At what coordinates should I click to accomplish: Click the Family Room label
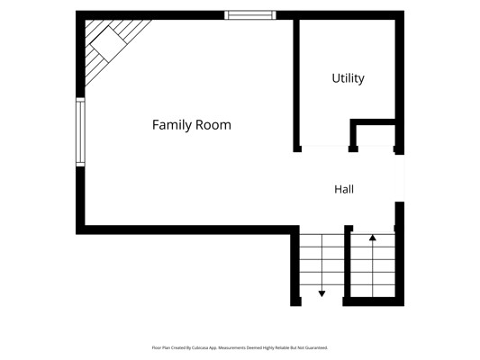pyautogui.click(x=192, y=125)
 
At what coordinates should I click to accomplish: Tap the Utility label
pyautogui.click(x=348, y=78)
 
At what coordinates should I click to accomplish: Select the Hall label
pyautogui.click(x=344, y=189)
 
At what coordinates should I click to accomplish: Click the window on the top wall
pyautogui.click(x=250, y=15)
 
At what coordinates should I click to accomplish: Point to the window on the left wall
pyautogui.click(x=80, y=132)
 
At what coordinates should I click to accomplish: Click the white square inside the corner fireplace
pyautogui.click(x=109, y=44)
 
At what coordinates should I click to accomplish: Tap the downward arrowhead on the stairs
pyautogui.click(x=322, y=293)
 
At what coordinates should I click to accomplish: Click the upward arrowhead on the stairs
pyautogui.click(x=373, y=238)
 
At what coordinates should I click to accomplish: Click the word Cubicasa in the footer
pyautogui.click(x=200, y=347)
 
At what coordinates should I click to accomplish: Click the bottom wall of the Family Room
pyautogui.click(x=187, y=229)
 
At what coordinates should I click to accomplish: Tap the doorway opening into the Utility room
pyautogui.click(x=325, y=148)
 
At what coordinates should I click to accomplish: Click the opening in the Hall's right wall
pyautogui.click(x=400, y=178)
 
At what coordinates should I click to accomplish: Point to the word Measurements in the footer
pyautogui.click(x=231, y=347)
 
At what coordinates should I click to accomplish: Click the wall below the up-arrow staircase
pyautogui.click(x=374, y=301)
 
